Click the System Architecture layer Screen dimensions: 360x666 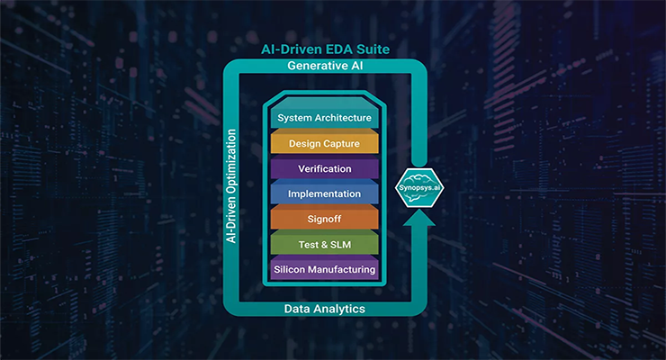click(x=324, y=118)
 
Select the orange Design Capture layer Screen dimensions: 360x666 click(x=324, y=143)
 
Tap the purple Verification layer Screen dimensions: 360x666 click(x=324, y=168)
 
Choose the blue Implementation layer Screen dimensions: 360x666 click(x=324, y=193)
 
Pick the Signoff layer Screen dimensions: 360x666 click(x=324, y=219)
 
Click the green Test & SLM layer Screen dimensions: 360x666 click(x=324, y=244)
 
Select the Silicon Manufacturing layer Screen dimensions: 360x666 click(x=324, y=269)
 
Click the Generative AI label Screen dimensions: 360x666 click(x=325, y=67)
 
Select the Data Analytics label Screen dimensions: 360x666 click(x=325, y=309)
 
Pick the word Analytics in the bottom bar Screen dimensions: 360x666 click(x=342, y=309)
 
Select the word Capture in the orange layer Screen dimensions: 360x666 click(x=345, y=143)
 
